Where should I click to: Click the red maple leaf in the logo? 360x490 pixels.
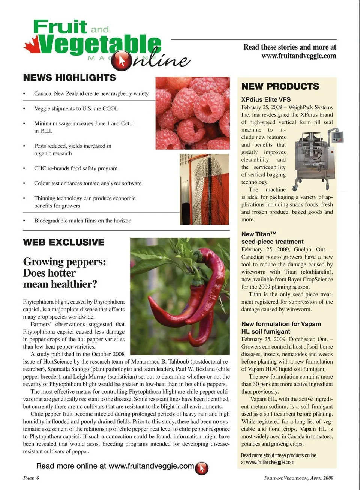click(31, 44)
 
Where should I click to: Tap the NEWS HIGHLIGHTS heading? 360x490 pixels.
click(69, 78)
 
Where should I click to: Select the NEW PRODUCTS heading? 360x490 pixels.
click(280, 86)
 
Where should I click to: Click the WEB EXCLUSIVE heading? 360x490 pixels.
click(63, 242)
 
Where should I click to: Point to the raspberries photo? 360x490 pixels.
click(192, 113)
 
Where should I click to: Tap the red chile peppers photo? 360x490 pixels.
click(180, 296)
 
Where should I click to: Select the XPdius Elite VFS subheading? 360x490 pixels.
click(266, 99)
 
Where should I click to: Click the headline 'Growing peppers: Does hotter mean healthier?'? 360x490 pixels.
click(64, 273)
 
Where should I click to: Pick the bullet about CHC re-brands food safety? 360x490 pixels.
click(75, 168)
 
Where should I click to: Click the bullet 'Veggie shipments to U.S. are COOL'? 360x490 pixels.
click(76, 108)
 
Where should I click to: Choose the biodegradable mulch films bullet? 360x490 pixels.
click(82, 221)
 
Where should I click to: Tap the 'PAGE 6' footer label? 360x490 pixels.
click(31, 478)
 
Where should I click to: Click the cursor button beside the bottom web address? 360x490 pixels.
click(202, 468)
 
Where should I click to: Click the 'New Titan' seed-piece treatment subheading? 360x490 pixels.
click(272, 238)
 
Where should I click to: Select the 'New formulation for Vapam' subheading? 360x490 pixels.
click(281, 328)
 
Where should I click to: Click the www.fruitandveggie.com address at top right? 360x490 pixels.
click(298, 56)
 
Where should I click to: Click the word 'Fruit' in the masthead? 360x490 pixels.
click(60, 27)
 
